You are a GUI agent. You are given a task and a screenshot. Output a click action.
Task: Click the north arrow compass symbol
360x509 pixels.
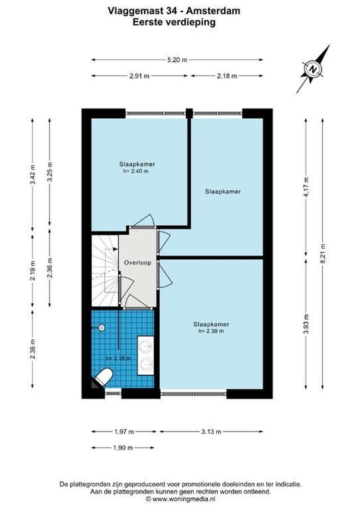[313, 69]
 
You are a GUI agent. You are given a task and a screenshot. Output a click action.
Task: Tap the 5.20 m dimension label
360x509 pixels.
[178, 60]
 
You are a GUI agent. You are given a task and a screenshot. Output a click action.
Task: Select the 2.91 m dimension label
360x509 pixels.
[140, 76]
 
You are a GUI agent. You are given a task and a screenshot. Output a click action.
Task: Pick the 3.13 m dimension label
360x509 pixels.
[212, 431]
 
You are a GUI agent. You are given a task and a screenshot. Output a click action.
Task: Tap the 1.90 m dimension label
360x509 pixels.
[123, 448]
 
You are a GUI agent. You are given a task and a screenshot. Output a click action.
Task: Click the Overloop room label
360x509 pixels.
[138, 263]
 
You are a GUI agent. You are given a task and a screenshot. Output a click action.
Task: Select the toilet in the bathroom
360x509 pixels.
[103, 377]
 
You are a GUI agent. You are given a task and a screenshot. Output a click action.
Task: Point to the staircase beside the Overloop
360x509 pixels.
[104, 271]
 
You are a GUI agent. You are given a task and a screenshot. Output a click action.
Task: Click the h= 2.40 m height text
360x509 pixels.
[137, 171]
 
